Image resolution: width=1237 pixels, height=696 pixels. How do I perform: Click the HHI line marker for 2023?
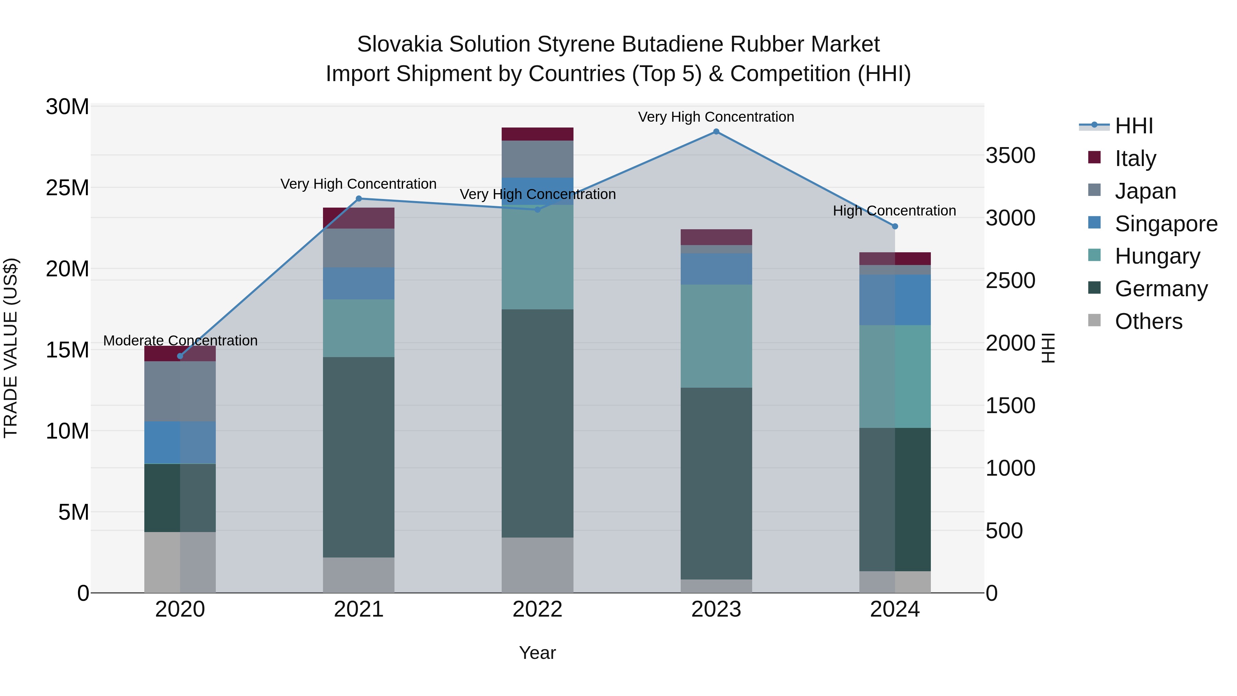coord(716,132)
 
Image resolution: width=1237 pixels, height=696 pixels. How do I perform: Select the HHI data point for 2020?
coord(180,356)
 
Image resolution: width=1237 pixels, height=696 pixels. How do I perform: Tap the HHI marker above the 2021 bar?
coord(359,198)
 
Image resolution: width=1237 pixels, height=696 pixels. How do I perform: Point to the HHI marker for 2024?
coord(895,226)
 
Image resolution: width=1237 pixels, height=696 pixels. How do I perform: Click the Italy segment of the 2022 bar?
coord(537,134)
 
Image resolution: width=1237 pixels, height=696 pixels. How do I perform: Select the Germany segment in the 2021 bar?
coord(359,457)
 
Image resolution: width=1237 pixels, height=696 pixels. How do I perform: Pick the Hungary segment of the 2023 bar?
coord(716,336)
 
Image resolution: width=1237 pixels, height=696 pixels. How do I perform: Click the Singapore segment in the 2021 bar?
coord(359,284)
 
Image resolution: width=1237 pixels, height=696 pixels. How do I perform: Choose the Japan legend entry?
coord(1145,191)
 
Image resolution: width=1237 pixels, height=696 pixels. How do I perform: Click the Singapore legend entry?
coord(1166,224)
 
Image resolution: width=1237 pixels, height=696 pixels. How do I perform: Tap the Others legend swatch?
coord(1094,320)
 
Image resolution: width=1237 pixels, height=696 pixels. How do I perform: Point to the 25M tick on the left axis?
coord(67,188)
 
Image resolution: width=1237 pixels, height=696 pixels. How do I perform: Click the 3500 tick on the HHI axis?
coord(1010,156)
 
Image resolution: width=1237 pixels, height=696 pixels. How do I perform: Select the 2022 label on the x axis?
coord(537,609)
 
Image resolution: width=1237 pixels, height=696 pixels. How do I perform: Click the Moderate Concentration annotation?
coord(180,341)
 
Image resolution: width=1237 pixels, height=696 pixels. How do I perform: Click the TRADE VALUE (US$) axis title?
coord(11,348)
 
